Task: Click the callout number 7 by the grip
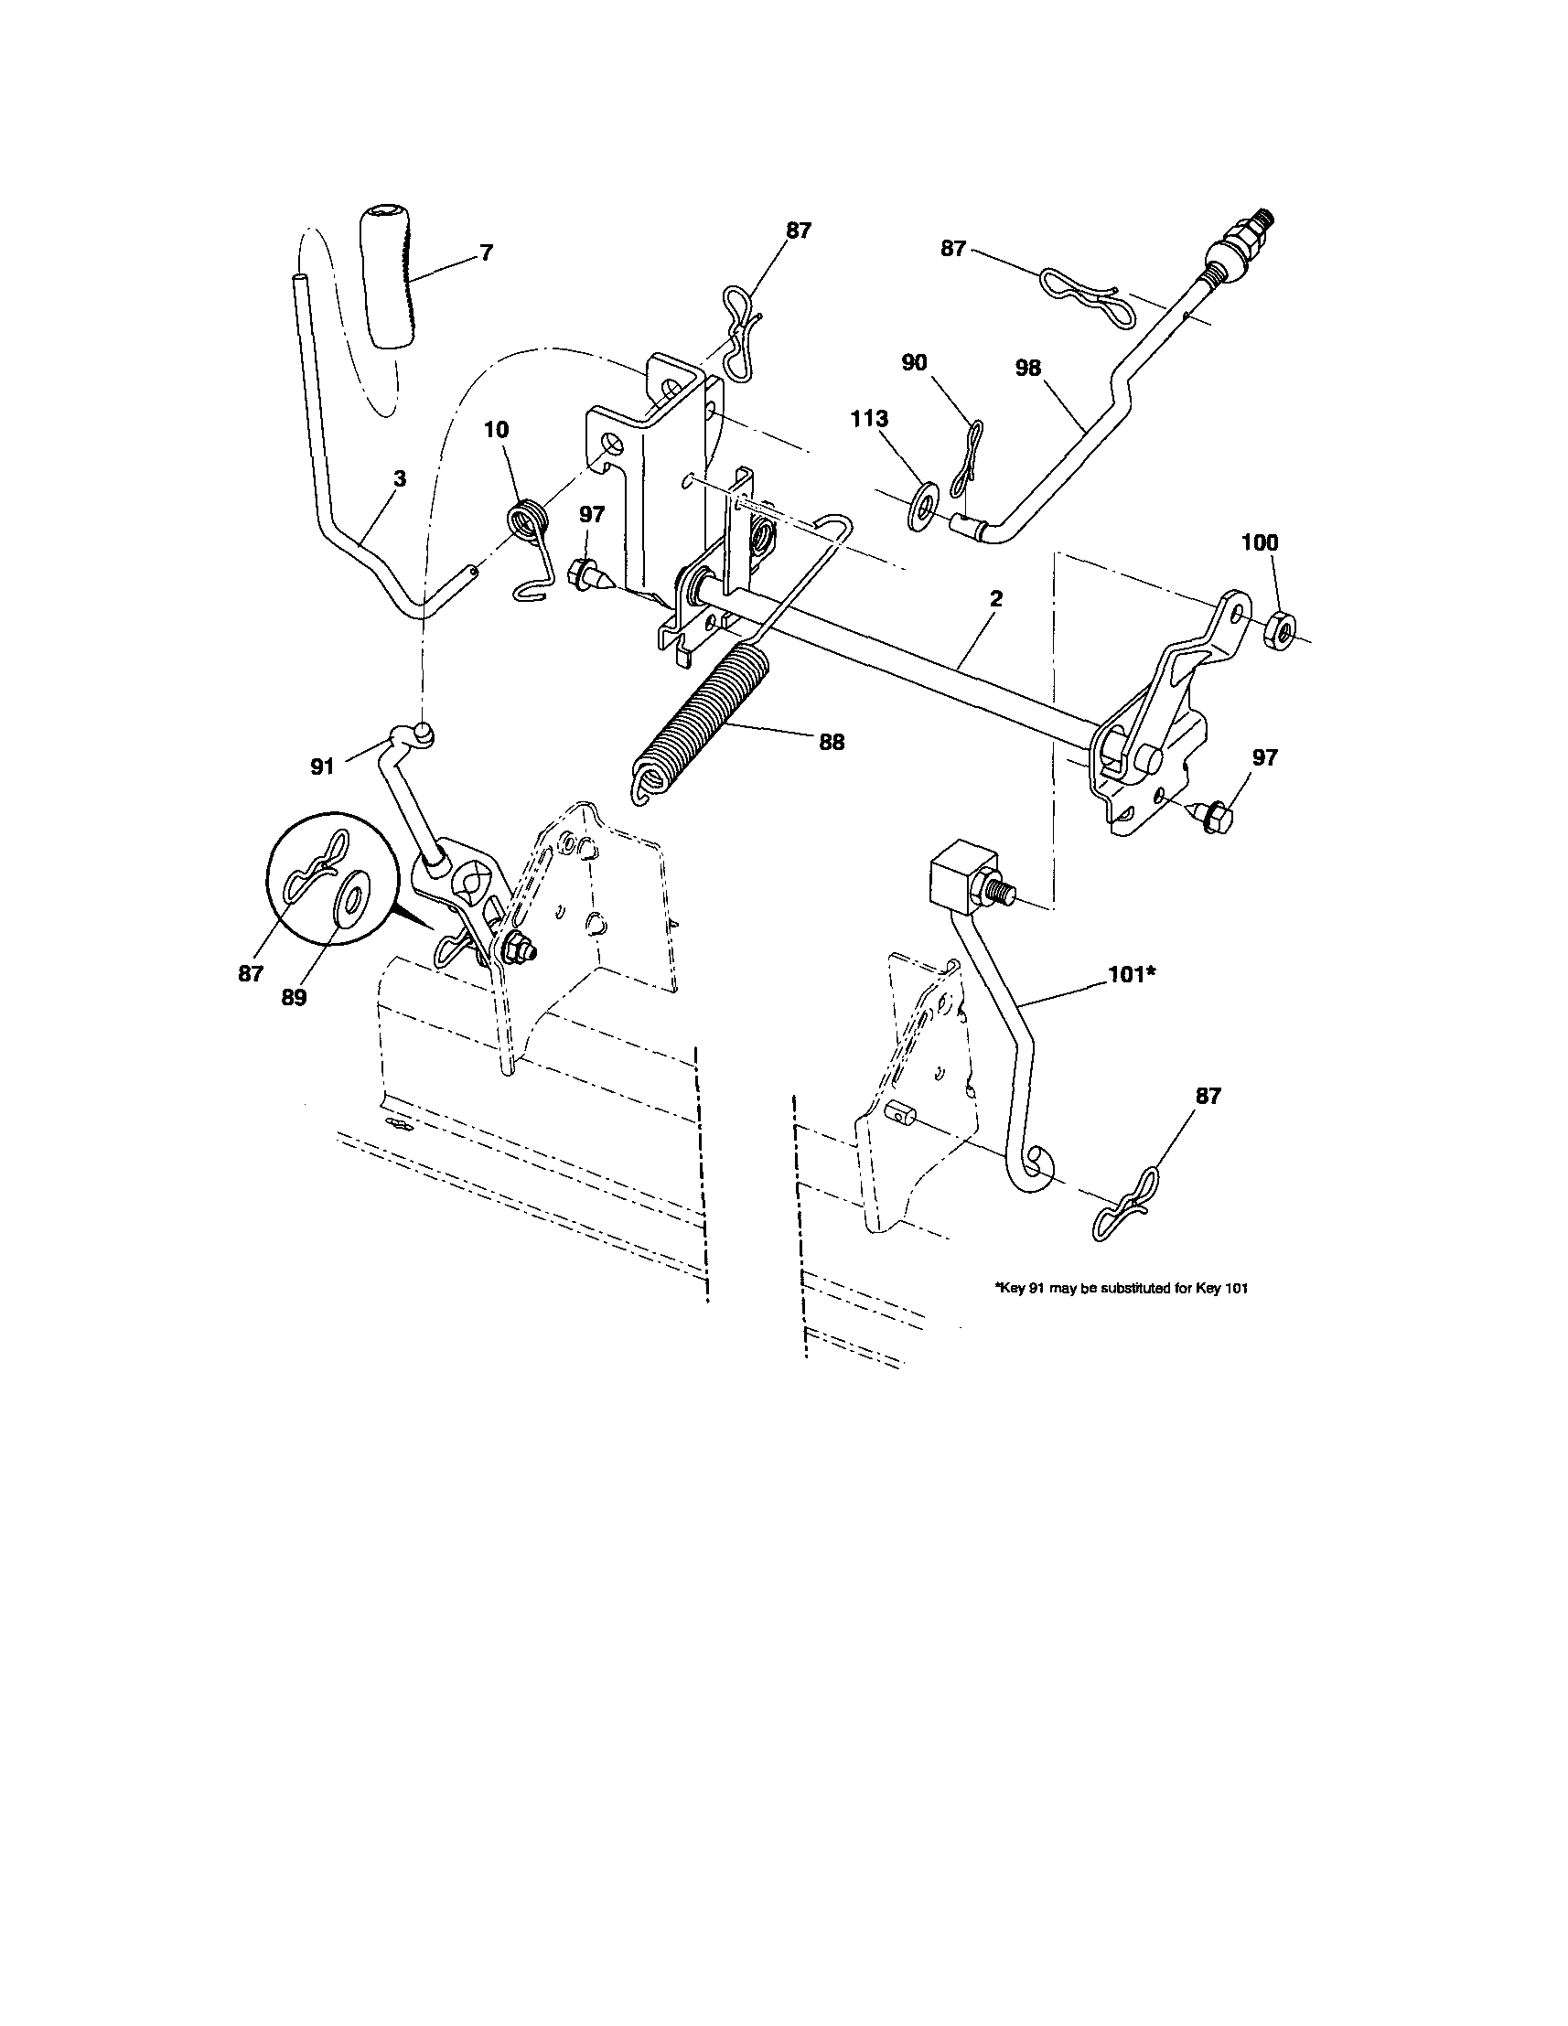coord(486,252)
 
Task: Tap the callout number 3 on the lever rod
coord(400,479)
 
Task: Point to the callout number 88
coord(832,742)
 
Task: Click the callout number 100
coord(1259,542)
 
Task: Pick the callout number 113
coord(869,419)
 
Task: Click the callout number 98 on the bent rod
coord(1028,369)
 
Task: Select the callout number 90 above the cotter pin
coord(914,363)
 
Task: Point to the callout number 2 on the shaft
coord(995,599)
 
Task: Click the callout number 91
coord(321,767)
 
